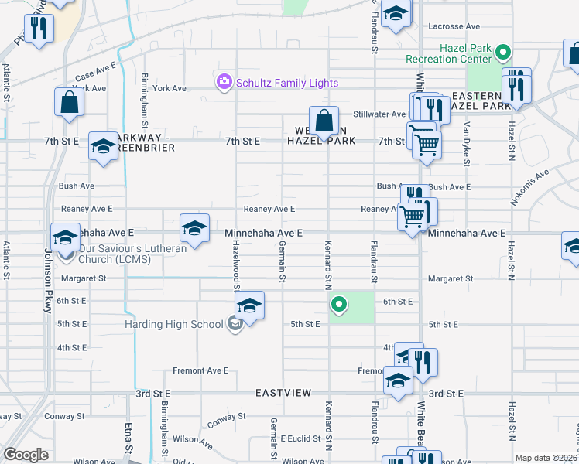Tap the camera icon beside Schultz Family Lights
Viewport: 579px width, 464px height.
pyautogui.click(x=224, y=81)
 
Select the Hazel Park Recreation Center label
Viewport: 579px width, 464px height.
pyautogui.click(x=449, y=53)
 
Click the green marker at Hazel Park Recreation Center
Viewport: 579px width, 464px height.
pyautogui.click(x=504, y=53)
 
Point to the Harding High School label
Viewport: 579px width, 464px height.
pyautogui.click(x=174, y=324)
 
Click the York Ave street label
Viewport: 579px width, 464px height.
pyautogui.click(x=170, y=88)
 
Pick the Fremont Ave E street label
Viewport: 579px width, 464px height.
pyautogui.click(x=200, y=370)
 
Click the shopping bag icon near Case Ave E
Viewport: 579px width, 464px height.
pyautogui.click(x=69, y=103)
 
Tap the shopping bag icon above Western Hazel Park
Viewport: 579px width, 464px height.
pyautogui.click(x=324, y=121)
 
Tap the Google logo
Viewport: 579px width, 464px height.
pyautogui.click(x=26, y=455)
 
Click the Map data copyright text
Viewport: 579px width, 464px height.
pyautogui.click(x=546, y=458)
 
